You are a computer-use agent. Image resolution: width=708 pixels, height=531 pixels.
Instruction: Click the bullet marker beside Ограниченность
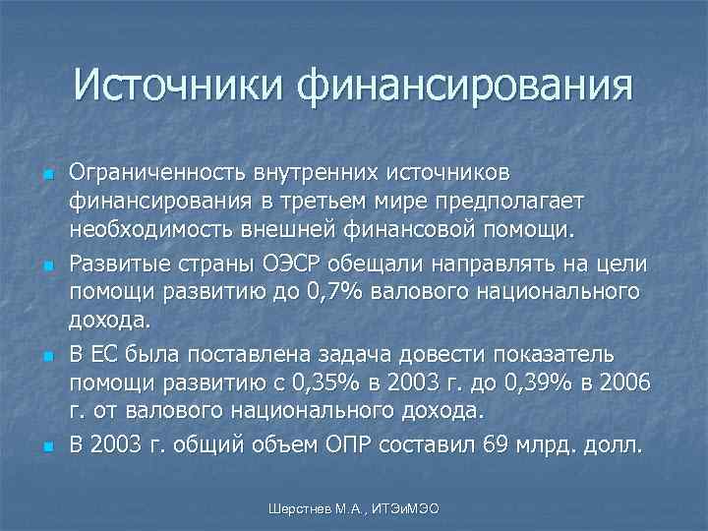(x=48, y=175)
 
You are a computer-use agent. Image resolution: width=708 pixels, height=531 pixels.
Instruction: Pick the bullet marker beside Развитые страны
(x=48, y=265)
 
